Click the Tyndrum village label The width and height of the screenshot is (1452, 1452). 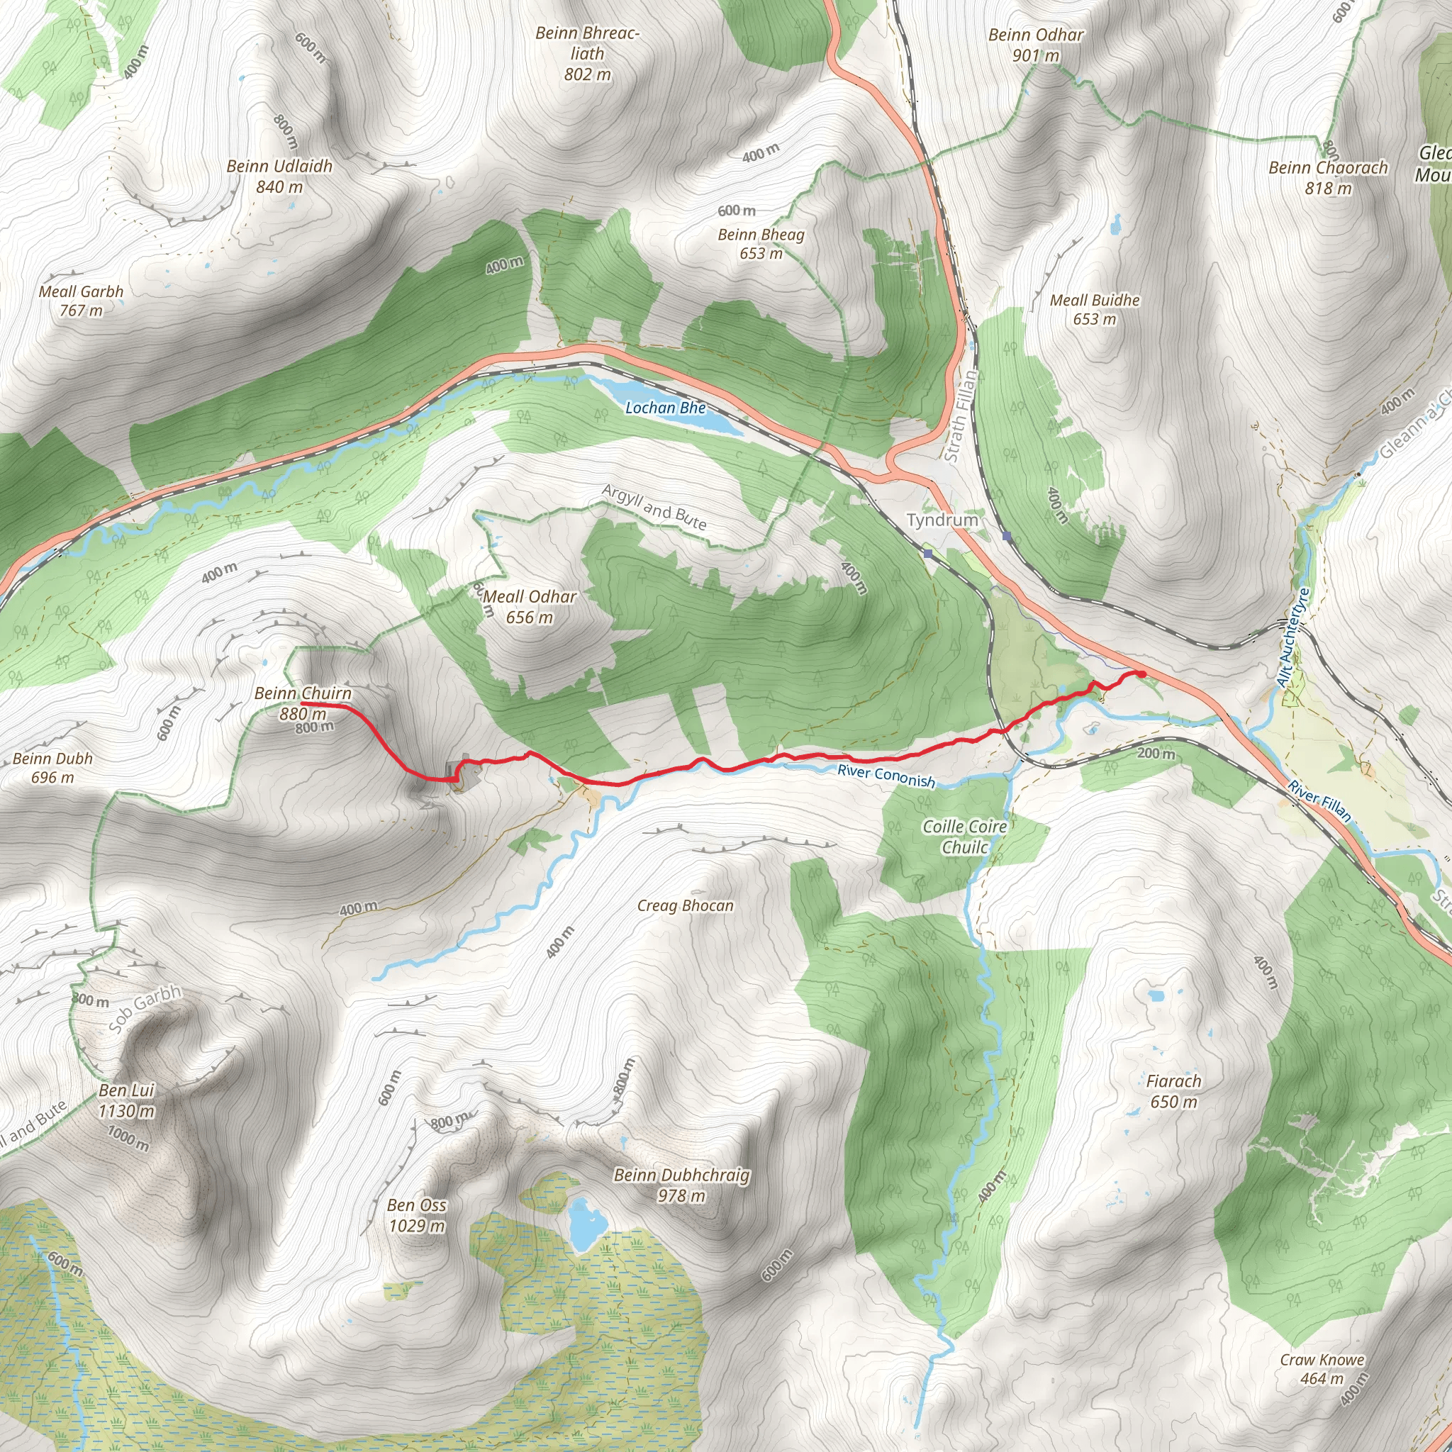click(942, 520)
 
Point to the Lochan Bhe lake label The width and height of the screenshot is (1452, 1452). click(665, 408)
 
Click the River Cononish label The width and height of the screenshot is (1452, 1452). click(886, 776)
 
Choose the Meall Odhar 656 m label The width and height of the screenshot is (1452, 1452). click(530, 606)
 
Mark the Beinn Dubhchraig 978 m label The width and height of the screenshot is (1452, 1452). click(681, 1185)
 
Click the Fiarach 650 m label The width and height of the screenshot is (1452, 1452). click(1173, 1091)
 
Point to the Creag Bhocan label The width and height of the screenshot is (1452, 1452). click(686, 905)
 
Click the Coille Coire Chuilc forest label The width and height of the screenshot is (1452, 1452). click(965, 837)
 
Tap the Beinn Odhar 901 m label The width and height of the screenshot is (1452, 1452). click(1036, 45)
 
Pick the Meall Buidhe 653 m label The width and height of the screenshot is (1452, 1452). click(1094, 310)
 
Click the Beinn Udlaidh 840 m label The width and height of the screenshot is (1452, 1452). click(279, 177)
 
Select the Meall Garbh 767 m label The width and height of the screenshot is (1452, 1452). click(81, 301)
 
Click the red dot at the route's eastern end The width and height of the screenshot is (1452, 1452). click(1141, 674)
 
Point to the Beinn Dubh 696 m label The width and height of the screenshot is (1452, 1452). click(52, 767)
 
